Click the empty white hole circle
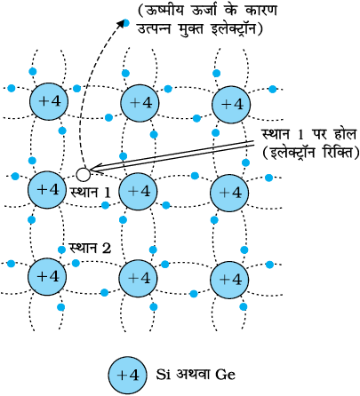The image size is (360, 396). pyautogui.click(x=83, y=175)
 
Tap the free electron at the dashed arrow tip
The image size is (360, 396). pyautogui.click(x=126, y=22)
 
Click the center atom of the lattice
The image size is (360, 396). pyautogui.click(x=138, y=192)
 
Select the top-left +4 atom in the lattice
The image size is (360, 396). pyautogui.click(x=49, y=101)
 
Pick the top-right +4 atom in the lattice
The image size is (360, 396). pyautogui.click(x=231, y=105)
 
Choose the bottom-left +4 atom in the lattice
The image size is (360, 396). pyautogui.click(x=47, y=277)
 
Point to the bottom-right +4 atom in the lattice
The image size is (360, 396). pyautogui.click(x=229, y=280)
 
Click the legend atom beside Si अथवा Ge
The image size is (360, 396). pyautogui.click(x=127, y=376)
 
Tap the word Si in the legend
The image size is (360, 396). pyautogui.click(x=163, y=375)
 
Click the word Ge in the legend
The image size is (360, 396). pyautogui.click(x=226, y=375)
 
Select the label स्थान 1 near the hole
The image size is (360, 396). pyautogui.click(x=91, y=193)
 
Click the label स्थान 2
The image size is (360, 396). pyautogui.click(x=90, y=248)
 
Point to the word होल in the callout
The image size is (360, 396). pyautogui.click(x=343, y=134)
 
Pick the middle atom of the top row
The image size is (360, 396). pyautogui.click(x=140, y=103)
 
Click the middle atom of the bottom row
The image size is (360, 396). pyautogui.click(x=139, y=278)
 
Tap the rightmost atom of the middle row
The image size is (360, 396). pyautogui.click(x=229, y=193)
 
